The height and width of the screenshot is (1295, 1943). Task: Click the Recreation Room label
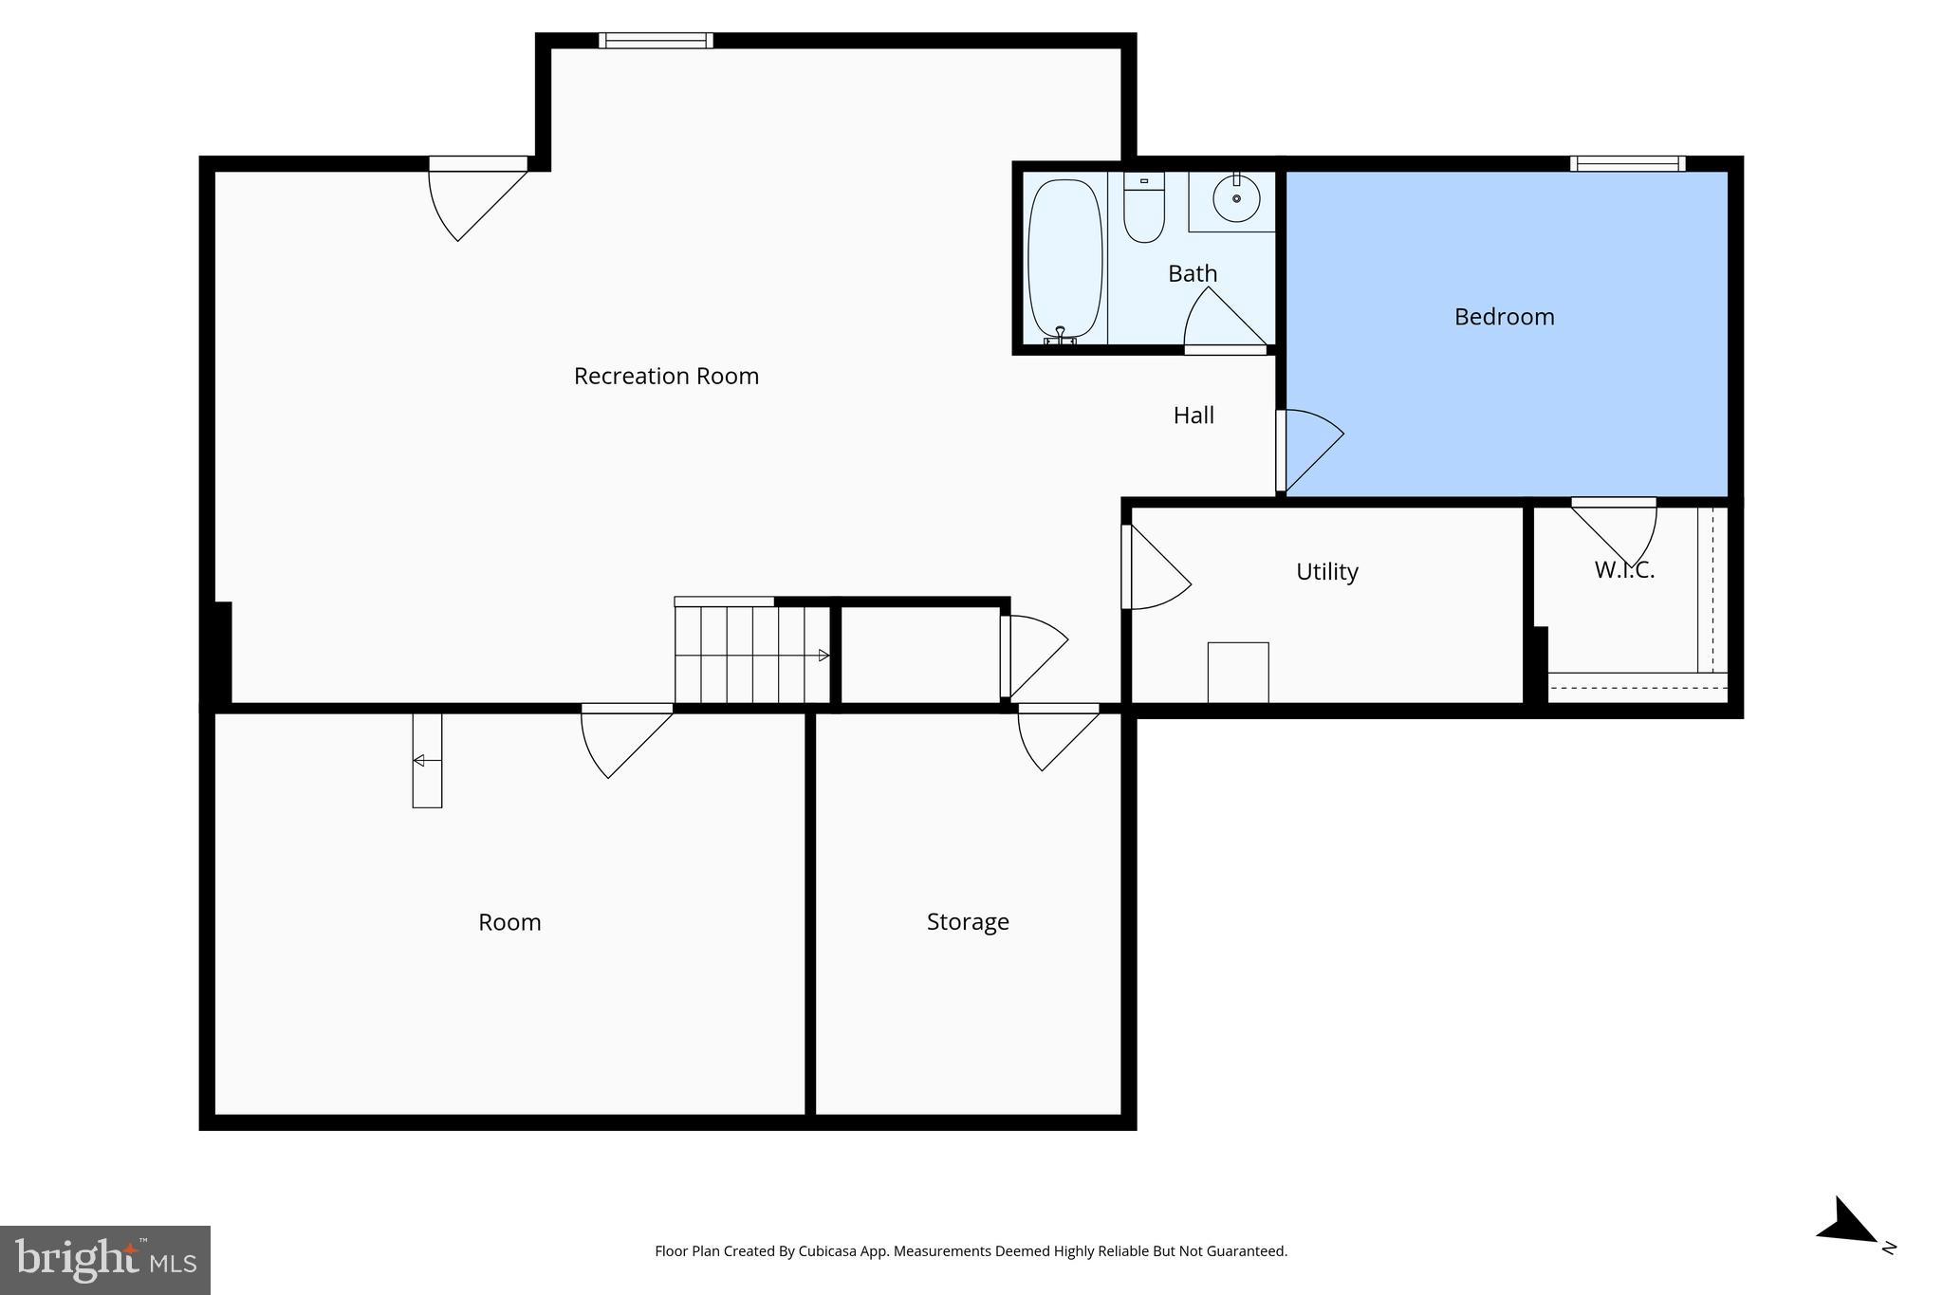click(x=666, y=376)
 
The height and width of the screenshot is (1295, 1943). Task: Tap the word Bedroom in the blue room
click(x=1504, y=317)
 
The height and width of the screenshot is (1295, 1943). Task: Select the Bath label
click(x=1193, y=273)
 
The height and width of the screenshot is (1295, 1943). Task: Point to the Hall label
click(x=1194, y=415)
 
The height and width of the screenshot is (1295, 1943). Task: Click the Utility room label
click(x=1326, y=571)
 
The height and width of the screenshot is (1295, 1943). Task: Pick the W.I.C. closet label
click(x=1624, y=570)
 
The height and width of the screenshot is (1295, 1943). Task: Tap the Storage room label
click(x=968, y=921)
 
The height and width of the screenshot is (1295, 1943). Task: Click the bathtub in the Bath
click(x=1065, y=259)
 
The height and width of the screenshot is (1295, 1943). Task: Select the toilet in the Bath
click(x=1144, y=209)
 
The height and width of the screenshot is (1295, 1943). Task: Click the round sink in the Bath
click(x=1236, y=198)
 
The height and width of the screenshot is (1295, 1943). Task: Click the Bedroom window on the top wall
click(x=1627, y=163)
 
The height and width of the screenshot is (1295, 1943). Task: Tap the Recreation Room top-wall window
click(x=656, y=40)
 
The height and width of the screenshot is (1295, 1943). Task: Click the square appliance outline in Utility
click(x=1238, y=673)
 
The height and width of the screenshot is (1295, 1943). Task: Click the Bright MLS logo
click(x=105, y=1259)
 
